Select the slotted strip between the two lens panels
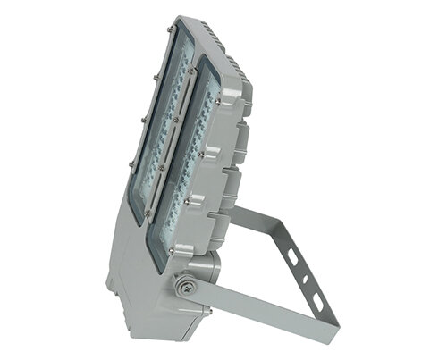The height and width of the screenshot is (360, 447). click(179, 134)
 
